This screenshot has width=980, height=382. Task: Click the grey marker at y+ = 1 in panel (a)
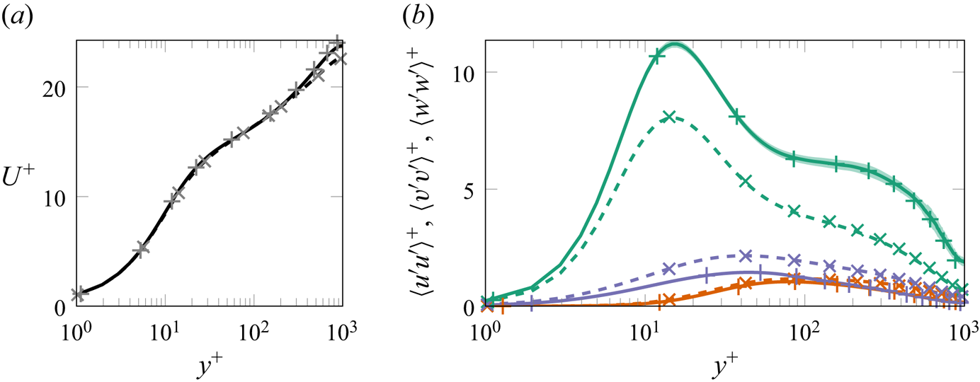pos(78,293)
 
